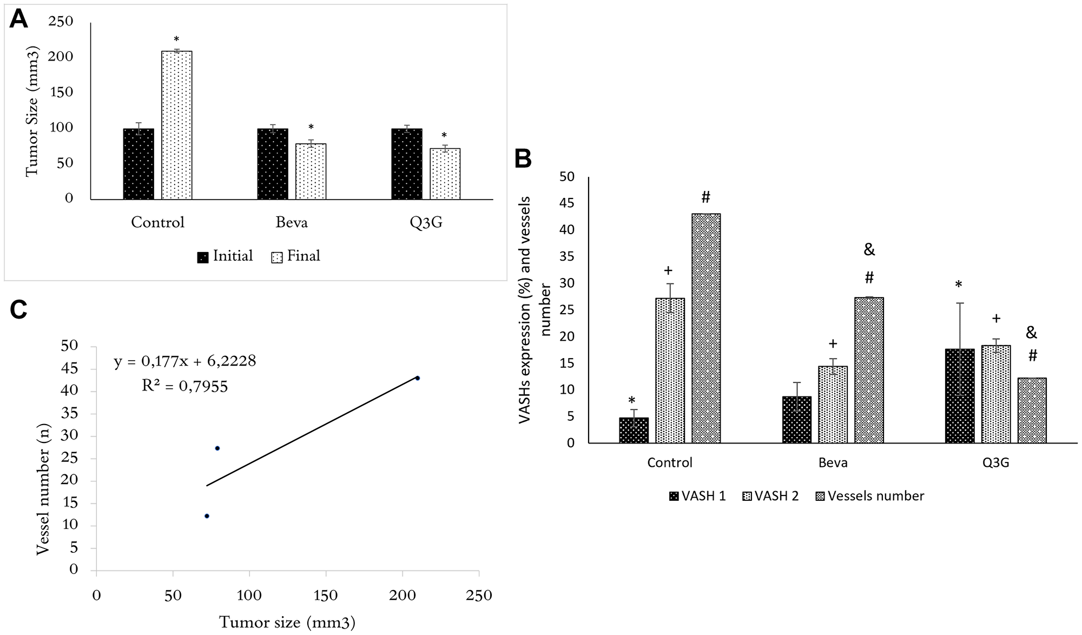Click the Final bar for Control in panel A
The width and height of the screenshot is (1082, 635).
(x=177, y=125)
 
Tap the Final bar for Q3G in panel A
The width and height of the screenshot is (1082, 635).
(x=445, y=174)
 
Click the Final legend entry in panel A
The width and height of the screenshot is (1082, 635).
(x=296, y=256)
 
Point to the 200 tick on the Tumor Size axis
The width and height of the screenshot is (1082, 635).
(x=61, y=57)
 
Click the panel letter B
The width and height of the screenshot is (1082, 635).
(x=523, y=159)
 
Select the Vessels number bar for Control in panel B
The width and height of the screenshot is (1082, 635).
(x=706, y=328)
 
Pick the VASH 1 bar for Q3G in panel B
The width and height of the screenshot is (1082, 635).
(x=959, y=396)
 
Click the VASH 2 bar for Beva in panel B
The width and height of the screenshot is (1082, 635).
(x=833, y=405)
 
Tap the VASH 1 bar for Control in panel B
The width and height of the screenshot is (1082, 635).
(x=634, y=430)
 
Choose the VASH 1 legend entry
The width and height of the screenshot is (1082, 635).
(x=697, y=496)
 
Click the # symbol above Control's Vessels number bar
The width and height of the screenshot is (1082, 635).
(x=705, y=197)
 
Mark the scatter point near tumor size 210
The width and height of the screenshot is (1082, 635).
(x=417, y=378)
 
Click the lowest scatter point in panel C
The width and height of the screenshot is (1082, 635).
(x=207, y=516)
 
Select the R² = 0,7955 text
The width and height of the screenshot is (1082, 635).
(x=184, y=386)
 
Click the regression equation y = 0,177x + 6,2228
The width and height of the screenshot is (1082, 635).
(x=184, y=361)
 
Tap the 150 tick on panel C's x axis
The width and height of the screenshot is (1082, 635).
(x=326, y=596)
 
